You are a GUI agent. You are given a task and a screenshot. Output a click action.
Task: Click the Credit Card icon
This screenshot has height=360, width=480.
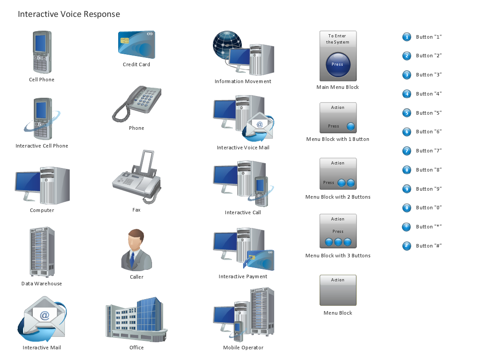pyautogui.click(x=136, y=44)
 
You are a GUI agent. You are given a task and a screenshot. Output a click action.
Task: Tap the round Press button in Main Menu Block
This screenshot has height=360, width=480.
pyautogui.click(x=338, y=64)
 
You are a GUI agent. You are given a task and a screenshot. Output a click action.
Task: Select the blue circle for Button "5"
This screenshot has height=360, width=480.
pyautogui.click(x=407, y=113)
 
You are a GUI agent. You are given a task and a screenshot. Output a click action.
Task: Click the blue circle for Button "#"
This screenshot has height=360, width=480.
pyautogui.click(x=407, y=246)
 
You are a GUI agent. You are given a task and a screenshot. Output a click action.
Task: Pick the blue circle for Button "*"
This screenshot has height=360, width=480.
pyautogui.click(x=407, y=227)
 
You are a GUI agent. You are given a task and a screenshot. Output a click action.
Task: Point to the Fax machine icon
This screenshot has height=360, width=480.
pyautogui.click(x=136, y=178)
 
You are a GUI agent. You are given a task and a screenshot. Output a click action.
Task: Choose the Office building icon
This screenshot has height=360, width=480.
pyautogui.click(x=136, y=320)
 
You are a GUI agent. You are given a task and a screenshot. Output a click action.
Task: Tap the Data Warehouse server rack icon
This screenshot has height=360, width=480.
pyautogui.click(x=42, y=252)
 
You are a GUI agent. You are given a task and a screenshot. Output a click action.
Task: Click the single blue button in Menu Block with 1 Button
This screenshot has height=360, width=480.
pyautogui.click(x=351, y=126)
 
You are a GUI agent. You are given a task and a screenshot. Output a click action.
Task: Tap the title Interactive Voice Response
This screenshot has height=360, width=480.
pyautogui.click(x=69, y=14)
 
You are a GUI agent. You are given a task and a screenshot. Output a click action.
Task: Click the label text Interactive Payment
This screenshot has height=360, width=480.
pyautogui.click(x=243, y=276)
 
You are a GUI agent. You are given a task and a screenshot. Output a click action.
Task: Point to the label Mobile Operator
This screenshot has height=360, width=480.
pyautogui.click(x=243, y=348)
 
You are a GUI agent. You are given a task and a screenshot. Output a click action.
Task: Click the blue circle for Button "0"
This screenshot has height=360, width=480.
pyautogui.click(x=407, y=208)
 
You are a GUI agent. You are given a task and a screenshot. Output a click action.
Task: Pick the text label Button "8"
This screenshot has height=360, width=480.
pyautogui.click(x=428, y=170)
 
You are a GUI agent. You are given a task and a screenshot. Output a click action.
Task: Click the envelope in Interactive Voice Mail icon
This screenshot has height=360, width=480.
pyautogui.click(x=260, y=127)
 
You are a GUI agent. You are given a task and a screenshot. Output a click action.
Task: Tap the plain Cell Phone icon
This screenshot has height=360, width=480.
pyautogui.click(x=41, y=52)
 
